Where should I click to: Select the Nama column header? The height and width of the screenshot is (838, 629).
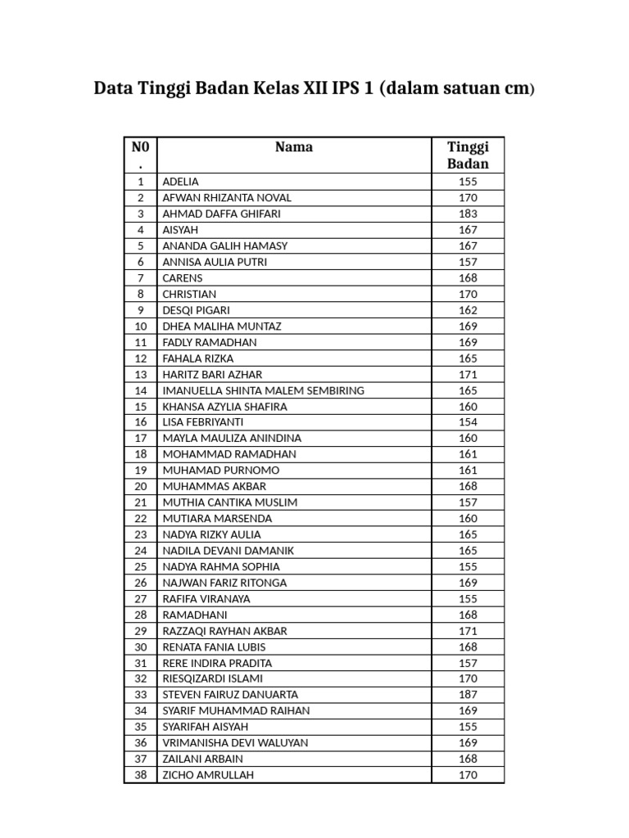click(x=294, y=147)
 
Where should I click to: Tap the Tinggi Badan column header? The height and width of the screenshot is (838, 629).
click(x=468, y=155)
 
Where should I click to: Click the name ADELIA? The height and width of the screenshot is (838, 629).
click(x=180, y=182)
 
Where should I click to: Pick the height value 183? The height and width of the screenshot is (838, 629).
click(x=468, y=214)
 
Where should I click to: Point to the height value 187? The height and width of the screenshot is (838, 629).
click(x=468, y=695)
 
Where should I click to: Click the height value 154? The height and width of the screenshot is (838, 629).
click(x=468, y=422)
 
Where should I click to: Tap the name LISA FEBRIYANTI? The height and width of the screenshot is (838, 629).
click(x=202, y=422)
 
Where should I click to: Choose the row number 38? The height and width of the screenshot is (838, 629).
click(x=140, y=775)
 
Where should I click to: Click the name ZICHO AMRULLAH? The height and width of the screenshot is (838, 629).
click(x=208, y=775)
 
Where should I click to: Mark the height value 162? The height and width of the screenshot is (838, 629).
click(x=468, y=310)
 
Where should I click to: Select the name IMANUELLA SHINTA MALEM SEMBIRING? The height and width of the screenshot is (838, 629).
click(x=263, y=390)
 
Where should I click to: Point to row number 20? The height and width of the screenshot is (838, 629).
click(x=140, y=486)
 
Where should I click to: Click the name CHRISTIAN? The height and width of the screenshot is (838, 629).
click(x=189, y=294)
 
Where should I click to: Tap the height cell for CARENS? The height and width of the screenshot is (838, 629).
click(x=468, y=278)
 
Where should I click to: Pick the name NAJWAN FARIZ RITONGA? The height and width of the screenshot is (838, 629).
click(x=224, y=583)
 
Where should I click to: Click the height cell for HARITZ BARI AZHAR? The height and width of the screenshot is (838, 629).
click(x=468, y=374)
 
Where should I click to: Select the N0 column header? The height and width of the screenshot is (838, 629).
click(x=140, y=155)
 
